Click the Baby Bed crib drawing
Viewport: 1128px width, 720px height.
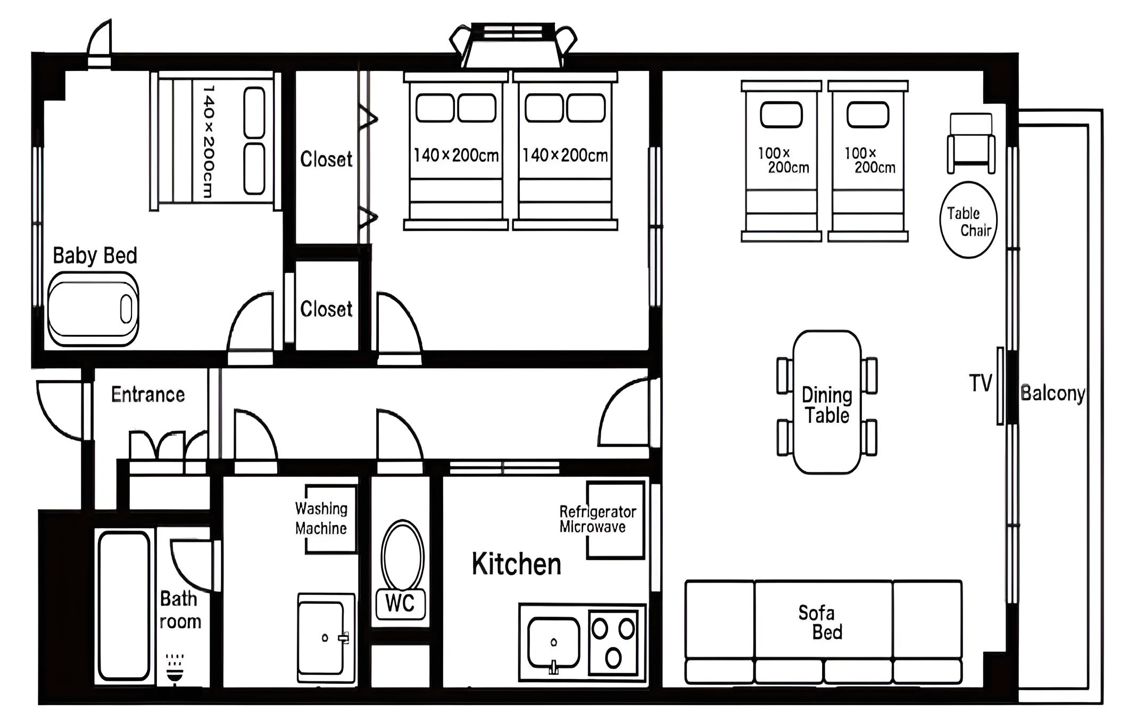[93, 309]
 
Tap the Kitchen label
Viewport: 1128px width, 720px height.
[516, 564]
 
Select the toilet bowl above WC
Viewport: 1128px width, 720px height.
[403, 556]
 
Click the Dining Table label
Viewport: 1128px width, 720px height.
[827, 405]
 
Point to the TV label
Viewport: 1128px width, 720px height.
[980, 383]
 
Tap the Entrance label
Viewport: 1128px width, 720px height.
[148, 395]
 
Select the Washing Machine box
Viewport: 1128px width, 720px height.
[330, 519]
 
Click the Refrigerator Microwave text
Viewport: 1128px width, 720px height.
[598, 519]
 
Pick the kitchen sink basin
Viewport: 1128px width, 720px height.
[553, 642]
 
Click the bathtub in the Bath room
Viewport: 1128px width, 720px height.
[123, 606]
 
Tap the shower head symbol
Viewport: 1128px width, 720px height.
[175, 670]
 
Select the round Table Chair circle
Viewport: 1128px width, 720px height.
[968, 220]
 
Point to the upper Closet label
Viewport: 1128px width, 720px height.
[326, 159]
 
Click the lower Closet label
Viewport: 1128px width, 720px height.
[326, 309]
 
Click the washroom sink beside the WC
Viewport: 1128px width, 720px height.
[326, 638]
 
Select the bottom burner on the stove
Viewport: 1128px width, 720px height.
[613, 658]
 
